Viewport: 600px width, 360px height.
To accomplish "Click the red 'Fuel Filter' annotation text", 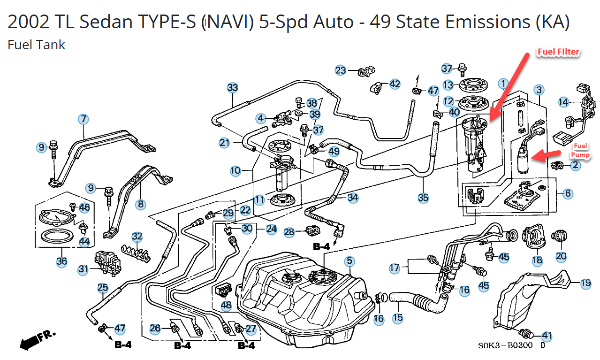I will (558, 52).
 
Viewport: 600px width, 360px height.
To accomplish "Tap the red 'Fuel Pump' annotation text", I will (580, 150).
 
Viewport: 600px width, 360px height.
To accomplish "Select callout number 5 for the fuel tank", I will (349, 260).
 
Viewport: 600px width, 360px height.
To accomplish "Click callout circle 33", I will (233, 87).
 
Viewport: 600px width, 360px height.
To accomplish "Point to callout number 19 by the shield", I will (585, 283).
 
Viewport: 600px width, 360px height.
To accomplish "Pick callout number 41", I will (547, 336).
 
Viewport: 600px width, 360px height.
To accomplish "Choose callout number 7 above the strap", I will (84, 119).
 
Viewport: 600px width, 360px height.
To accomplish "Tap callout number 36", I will (61, 261).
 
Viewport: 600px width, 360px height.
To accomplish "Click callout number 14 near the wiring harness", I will (563, 102).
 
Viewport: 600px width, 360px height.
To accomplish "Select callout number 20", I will (561, 256).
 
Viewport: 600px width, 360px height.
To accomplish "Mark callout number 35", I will (423, 198).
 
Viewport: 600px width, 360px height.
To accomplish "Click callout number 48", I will (227, 306).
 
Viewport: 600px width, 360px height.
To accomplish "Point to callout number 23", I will (341, 70).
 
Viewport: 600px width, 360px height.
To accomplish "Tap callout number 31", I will (84, 269).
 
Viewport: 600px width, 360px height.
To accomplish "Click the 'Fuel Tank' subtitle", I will (37, 45).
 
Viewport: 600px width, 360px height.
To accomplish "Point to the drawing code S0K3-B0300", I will (505, 346).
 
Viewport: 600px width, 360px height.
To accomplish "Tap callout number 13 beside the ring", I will (448, 85).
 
